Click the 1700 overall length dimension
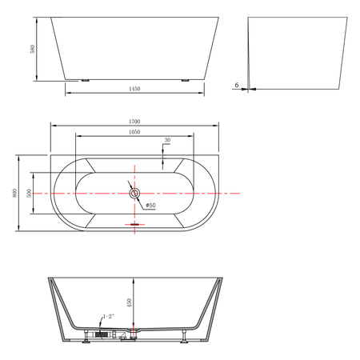point(134,122)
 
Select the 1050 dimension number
point(134,132)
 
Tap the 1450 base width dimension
point(134,89)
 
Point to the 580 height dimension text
point(33,49)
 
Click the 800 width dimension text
point(14,193)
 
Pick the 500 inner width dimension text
point(29,193)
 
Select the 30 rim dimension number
point(167,140)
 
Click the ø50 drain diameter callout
point(150,206)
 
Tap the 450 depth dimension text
point(130,303)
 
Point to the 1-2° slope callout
point(109,316)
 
